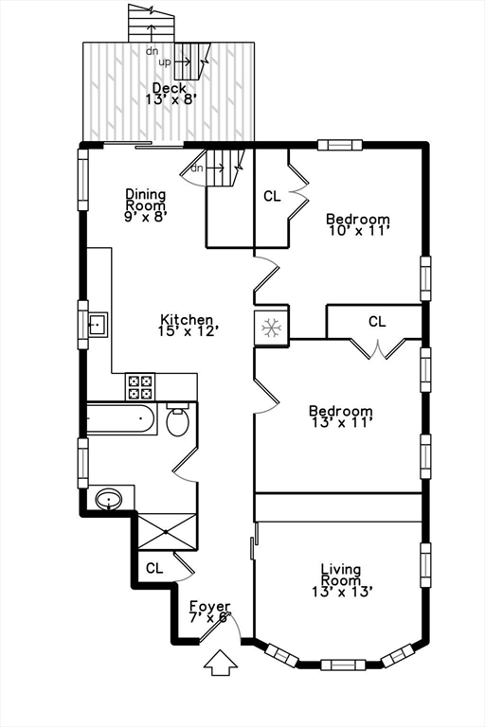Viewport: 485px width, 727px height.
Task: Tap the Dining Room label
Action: coord(146,204)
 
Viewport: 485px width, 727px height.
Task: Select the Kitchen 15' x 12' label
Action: coord(188,326)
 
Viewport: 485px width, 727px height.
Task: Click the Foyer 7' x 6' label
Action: coord(209,612)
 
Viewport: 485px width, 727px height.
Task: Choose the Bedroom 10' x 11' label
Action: coord(358,222)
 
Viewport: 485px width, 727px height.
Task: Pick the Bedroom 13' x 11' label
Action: coord(340,417)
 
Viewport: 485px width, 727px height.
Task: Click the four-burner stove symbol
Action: coord(140,386)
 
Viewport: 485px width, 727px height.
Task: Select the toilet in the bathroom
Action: coord(177,420)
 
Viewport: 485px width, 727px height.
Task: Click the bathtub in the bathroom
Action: coord(121,418)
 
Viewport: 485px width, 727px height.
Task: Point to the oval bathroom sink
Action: coord(110,498)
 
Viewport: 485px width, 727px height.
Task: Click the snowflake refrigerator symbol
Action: coord(272,328)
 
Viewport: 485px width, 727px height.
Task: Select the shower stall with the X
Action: coord(167,531)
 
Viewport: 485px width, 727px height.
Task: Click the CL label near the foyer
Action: coord(154,568)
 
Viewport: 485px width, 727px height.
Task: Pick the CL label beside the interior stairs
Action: coord(272,197)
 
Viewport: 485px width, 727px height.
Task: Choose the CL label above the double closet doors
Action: coord(377,322)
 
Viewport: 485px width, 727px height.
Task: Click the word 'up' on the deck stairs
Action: coord(164,62)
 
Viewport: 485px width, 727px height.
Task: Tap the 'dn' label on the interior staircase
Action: coord(196,168)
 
